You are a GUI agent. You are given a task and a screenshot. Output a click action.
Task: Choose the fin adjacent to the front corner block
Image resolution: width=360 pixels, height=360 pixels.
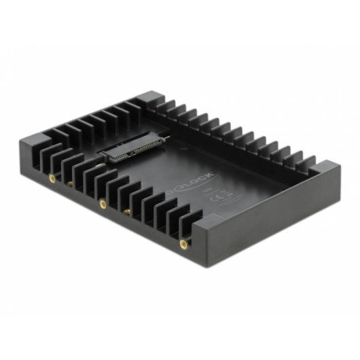[190, 217]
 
